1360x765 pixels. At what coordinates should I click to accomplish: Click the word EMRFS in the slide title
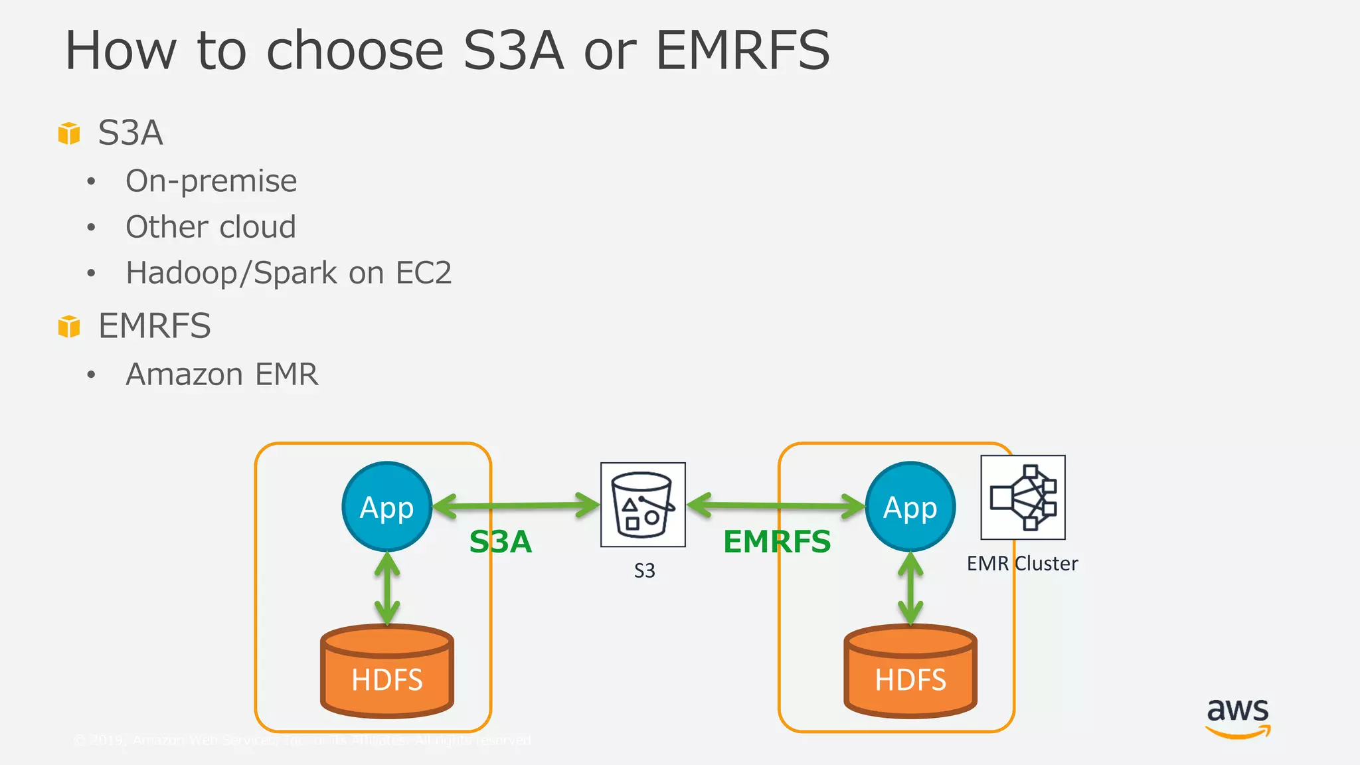(742, 50)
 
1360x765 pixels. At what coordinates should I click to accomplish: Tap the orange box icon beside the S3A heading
(69, 133)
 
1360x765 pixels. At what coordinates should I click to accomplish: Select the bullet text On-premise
(211, 181)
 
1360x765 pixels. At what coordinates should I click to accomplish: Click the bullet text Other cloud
(211, 227)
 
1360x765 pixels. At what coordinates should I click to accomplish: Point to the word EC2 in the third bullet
(424, 273)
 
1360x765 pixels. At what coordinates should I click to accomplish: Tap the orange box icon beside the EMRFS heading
(69, 327)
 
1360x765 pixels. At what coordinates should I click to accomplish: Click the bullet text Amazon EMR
(222, 375)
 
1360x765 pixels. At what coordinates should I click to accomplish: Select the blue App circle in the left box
(387, 507)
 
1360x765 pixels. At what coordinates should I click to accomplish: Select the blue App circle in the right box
(910, 507)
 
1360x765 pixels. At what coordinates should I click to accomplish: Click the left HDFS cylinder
(387, 672)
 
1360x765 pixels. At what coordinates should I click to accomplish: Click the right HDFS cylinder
(910, 672)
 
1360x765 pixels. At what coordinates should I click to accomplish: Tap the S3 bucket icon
(643, 505)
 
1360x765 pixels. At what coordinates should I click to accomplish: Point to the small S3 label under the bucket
(644, 571)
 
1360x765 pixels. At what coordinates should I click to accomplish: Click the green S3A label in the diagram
(501, 542)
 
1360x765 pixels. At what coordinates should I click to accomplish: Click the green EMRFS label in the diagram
(777, 542)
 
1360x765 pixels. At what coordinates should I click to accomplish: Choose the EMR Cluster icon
(1023, 497)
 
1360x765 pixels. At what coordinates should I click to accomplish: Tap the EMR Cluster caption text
(1022, 564)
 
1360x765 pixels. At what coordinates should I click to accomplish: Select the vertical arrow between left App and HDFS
(387, 588)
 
